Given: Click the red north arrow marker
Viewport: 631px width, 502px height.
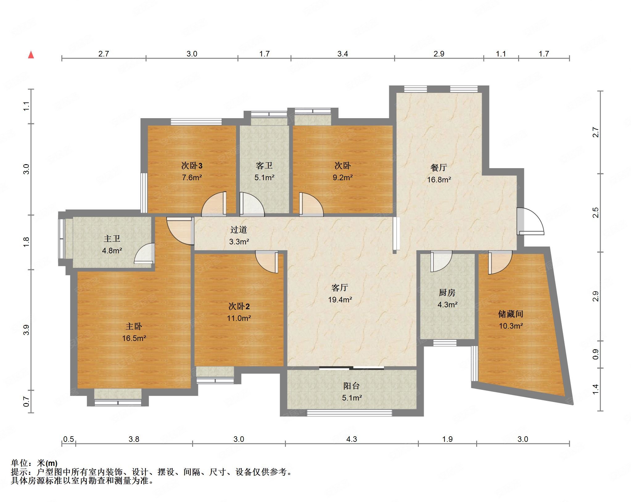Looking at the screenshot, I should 31,55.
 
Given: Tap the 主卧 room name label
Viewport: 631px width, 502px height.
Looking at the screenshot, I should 134,326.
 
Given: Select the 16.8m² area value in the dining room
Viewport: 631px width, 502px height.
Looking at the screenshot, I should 439,180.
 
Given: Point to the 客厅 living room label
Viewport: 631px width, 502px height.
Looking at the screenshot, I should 340,288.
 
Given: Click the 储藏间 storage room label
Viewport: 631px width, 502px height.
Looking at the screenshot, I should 510,314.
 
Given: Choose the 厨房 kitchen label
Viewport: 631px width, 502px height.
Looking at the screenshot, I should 447,292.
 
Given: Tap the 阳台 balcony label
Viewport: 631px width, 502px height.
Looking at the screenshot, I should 352,386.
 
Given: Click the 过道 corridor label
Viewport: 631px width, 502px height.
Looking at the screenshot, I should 239,230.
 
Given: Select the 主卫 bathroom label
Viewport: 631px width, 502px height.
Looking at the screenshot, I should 112,239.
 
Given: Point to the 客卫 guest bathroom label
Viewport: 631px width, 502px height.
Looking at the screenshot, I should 264,166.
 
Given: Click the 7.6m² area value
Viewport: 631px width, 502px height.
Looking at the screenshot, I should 192,177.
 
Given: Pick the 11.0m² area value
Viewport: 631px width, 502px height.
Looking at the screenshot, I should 239,318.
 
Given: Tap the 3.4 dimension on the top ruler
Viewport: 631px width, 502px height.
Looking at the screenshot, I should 342,54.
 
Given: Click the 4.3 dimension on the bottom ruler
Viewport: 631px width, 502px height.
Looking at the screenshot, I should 351,439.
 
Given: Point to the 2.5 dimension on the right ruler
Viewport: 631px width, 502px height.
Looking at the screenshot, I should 596,213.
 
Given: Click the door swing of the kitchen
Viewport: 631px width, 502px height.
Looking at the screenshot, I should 441,261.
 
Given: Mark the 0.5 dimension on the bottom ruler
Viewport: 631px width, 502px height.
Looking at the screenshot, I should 68,439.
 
